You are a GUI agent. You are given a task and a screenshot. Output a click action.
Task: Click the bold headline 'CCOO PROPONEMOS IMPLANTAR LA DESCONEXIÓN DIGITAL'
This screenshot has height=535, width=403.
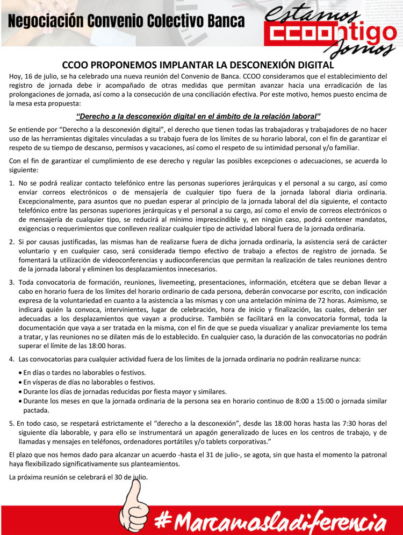click(x=201, y=65)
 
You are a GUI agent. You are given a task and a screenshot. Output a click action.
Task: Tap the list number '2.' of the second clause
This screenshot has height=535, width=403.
click(x=12, y=241)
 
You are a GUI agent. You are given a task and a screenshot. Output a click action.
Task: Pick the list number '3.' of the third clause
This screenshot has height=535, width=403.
click(x=12, y=282)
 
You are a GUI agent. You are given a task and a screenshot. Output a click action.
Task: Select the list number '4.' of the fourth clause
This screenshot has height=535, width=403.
click(x=12, y=358)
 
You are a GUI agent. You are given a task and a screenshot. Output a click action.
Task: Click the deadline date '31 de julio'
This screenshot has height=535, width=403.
click(x=262, y=455)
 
